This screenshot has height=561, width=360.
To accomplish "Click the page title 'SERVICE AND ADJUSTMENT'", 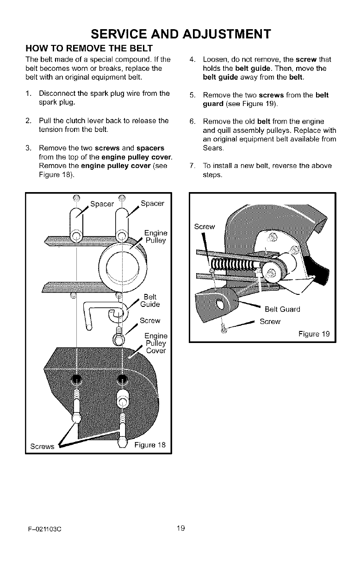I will [180, 34].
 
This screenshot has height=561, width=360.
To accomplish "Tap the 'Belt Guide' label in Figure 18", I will [152, 301].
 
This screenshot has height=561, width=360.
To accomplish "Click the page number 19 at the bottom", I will [180, 526].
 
